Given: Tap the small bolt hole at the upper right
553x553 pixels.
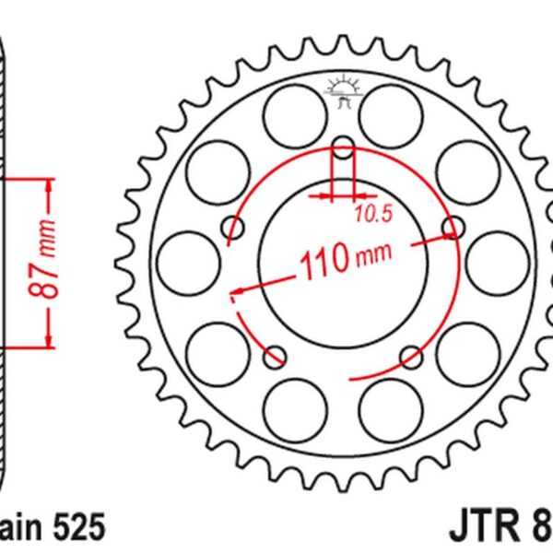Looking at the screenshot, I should click(453, 227).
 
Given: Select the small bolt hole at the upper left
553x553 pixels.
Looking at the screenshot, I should click(232, 229).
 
